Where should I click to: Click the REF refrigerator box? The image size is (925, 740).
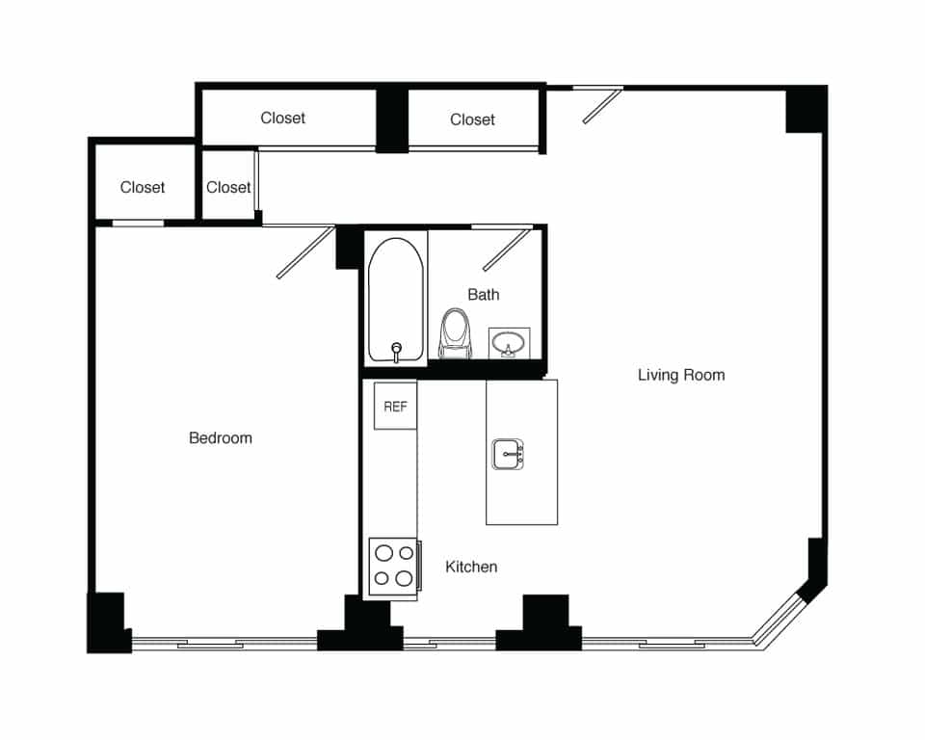395,407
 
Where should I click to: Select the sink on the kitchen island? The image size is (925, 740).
508,454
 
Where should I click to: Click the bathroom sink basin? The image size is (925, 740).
508,341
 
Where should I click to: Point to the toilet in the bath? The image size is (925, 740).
455,333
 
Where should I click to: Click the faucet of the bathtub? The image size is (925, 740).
396,350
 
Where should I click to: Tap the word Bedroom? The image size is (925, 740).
221,438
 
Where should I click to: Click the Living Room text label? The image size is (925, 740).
681,375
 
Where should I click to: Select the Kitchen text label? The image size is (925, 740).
471,567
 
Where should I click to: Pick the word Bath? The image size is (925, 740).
484,295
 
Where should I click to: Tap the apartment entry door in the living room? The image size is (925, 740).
601,106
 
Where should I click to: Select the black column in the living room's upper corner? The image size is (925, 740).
806,109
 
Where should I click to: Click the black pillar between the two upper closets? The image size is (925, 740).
391,119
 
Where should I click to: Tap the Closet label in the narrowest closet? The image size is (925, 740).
228,188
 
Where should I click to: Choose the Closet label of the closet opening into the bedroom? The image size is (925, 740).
143,188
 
